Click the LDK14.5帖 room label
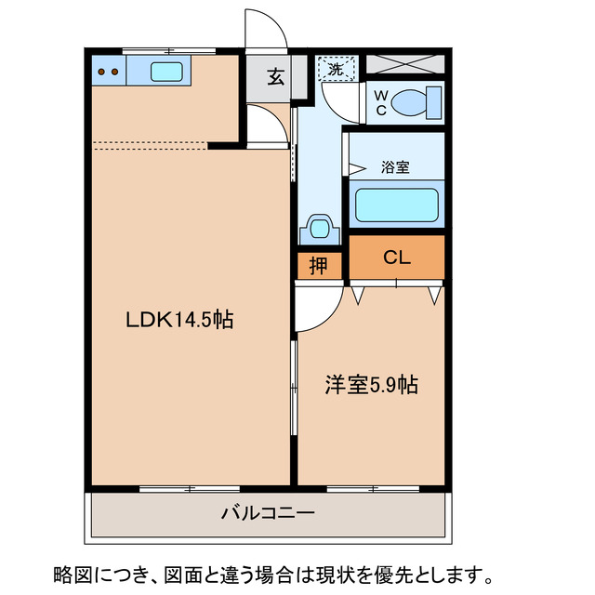coord(179,321)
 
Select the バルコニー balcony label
coord(268,513)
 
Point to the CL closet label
coord(397,258)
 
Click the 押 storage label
coord(318,266)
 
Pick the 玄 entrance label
coord(275,77)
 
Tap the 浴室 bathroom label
coord(395,168)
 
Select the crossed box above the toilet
coord(403,64)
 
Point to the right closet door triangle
coord(434,295)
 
